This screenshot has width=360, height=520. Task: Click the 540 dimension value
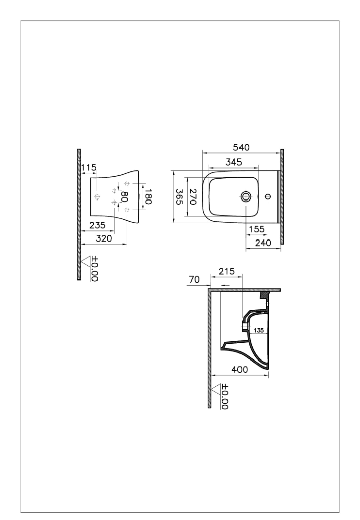coord(241,147)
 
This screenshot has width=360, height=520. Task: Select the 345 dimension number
coord(234,162)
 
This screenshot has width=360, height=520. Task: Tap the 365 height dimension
coord(179,196)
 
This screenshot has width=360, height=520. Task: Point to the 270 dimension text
coord(193,196)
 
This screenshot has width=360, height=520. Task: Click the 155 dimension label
coord(257,229)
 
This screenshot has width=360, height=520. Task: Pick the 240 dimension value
coord(263,243)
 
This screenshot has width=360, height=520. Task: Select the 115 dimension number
coord(89,168)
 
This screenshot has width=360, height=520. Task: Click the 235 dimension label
coord(97,225)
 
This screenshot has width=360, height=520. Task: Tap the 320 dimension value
coord(104,238)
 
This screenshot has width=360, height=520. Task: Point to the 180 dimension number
coord(148,196)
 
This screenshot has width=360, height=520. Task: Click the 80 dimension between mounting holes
coord(125,196)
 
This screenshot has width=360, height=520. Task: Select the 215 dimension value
coord(227,271)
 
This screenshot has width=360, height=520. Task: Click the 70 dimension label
coord(194,279)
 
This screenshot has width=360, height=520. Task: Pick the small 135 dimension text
coord(259,330)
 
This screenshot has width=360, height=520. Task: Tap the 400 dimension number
coord(239,370)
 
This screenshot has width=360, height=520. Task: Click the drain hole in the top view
coord(246,196)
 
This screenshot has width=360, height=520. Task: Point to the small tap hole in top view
coord(268,196)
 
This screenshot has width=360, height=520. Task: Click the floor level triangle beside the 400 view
coord(216,389)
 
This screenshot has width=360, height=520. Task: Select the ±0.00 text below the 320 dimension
coord(95,269)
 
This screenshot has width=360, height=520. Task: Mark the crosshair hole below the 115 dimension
coord(97,197)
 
